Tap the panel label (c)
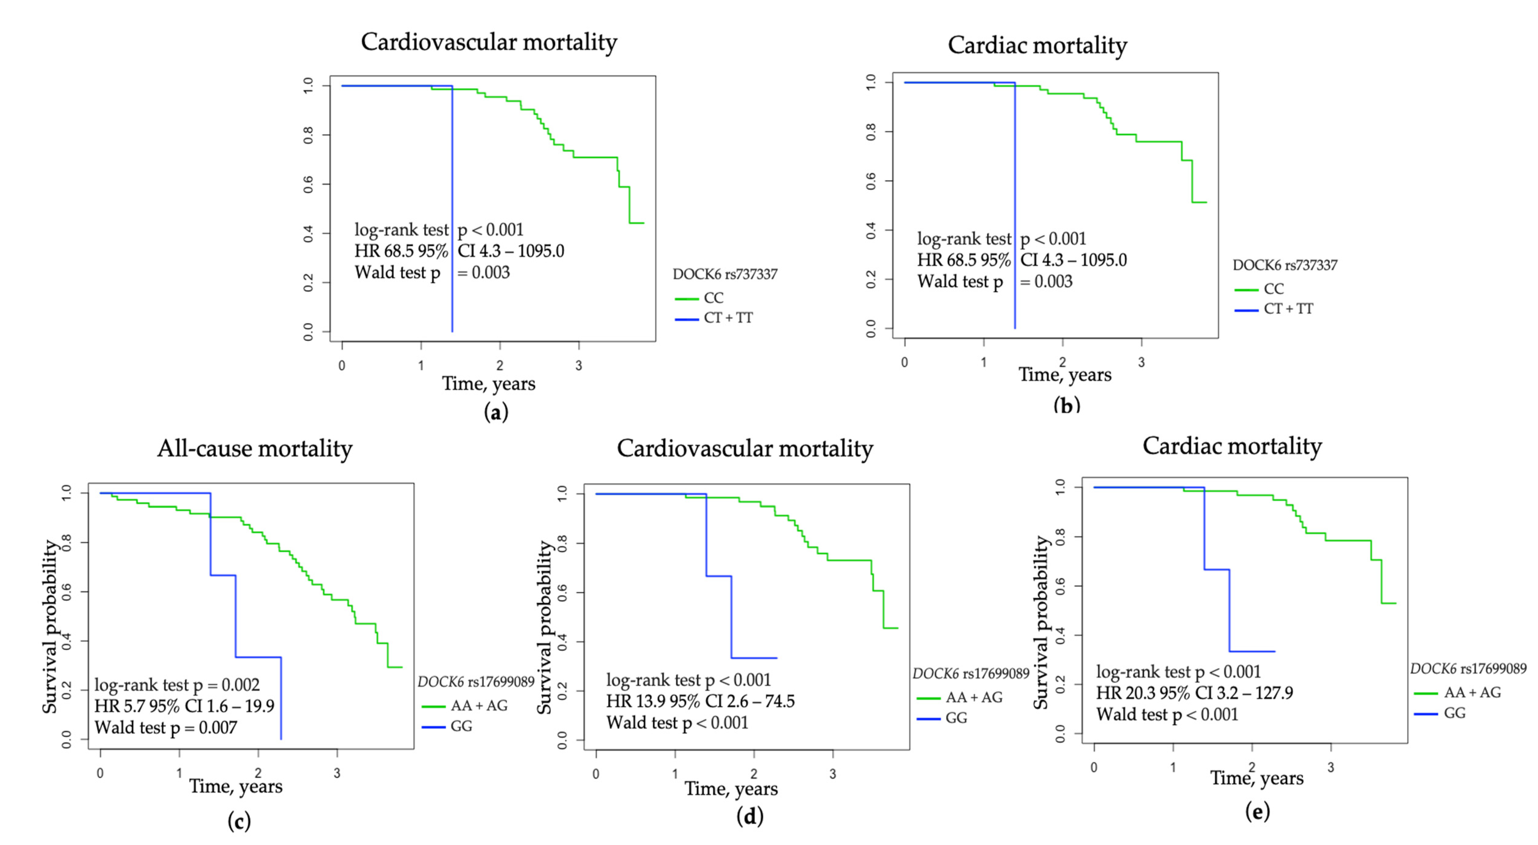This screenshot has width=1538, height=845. click(x=239, y=821)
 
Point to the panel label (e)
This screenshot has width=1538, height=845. click(x=1257, y=811)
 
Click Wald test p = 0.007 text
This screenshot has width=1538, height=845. click(x=165, y=728)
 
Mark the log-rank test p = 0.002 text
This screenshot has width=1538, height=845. click(x=177, y=685)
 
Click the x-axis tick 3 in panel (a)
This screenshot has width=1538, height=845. click(x=579, y=366)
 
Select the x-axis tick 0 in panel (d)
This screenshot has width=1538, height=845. click(x=596, y=774)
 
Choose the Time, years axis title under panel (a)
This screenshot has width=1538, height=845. click(x=488, y=384)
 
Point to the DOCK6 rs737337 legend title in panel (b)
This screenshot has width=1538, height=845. click(x=1285, y=265)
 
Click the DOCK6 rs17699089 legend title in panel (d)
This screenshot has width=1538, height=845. click(x=971, y=674)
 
